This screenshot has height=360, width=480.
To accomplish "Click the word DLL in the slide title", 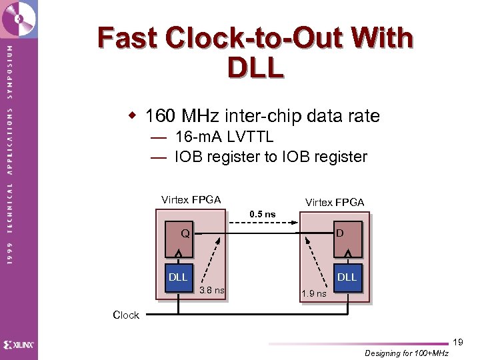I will (255, 67).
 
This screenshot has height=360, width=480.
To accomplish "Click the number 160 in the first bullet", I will (161, 116).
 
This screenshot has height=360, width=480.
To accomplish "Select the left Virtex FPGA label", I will (191, 199).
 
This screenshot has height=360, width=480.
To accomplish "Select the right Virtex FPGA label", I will (335, 202).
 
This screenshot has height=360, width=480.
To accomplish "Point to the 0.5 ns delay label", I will (262, 214).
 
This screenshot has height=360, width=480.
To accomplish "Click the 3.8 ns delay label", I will (212, 290).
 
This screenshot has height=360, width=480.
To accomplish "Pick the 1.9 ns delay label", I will (313, 293).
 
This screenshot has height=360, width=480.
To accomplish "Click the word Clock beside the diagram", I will (126, 315).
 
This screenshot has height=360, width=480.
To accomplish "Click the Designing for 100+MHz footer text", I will (407, 353).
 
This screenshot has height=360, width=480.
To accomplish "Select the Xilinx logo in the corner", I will (19, 345).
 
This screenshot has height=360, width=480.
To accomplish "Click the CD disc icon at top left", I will (18, 18).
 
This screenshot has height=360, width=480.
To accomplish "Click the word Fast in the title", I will (129, 38).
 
